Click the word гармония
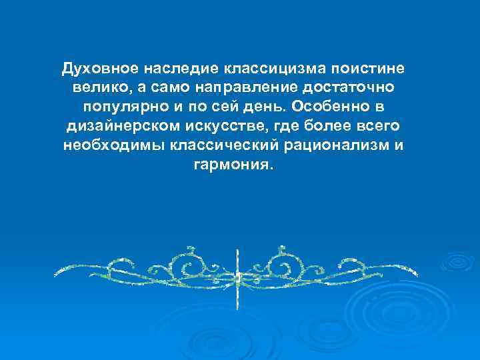click(233, 165)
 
